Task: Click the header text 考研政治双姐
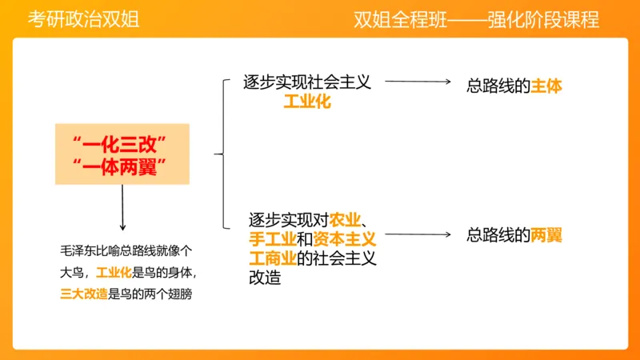tap(84, 20)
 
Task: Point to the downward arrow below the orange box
tap(122, 208)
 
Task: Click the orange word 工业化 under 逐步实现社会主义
tap(307, 102)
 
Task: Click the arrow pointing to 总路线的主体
tap(417, 82)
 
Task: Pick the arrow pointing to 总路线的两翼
tap(417, 235)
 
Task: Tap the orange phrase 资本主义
tap(344, 238)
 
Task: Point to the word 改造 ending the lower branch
tap(265, 278)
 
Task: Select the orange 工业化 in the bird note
tap(113, 271)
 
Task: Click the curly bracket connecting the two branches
tap(220, 153)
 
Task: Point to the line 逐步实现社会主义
tap(307, 82)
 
